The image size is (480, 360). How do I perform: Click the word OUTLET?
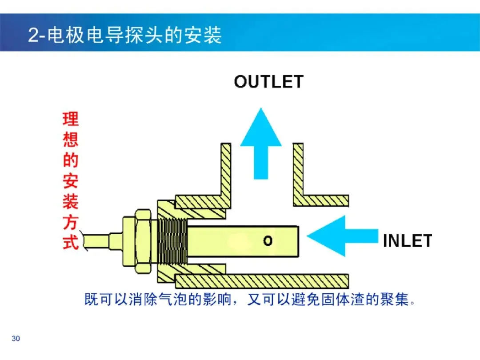269,82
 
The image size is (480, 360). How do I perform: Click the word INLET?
408,240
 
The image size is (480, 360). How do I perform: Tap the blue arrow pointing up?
261,144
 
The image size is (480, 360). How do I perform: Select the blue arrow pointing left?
342,236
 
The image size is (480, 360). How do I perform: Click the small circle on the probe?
268,241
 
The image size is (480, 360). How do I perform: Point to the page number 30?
16,338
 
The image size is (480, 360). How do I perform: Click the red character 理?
71,119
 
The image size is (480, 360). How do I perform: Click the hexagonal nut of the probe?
143,241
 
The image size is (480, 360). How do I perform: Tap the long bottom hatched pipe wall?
262,281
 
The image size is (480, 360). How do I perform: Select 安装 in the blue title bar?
203,35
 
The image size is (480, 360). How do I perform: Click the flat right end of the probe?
298,241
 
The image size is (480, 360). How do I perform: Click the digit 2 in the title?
33,35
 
